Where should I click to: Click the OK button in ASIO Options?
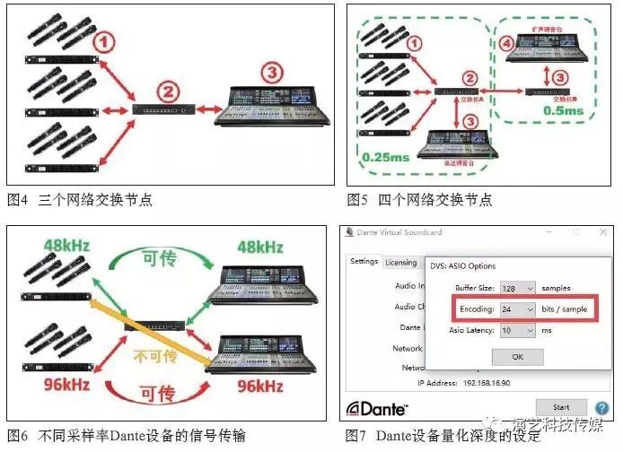[x=517, y=357]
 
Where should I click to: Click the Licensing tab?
[x=400, y=263]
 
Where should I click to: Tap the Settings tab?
[x=364, y=262]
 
